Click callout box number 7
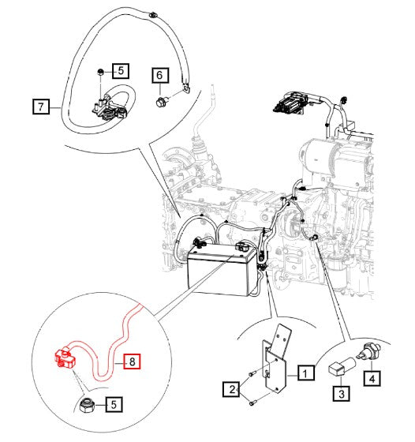(41, 107)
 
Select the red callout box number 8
(132, 361)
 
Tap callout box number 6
(160, 75)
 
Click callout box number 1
(305, 373)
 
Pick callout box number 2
(231, 389)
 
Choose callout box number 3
(341, 393)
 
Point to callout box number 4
(372, 378)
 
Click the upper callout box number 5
(121, 70)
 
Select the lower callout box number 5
(114, 404)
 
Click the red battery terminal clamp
(65, 358)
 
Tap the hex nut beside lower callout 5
(85, 406)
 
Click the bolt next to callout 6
(162, 101)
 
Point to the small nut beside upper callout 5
(100, 72)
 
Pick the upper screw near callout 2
(252, 374)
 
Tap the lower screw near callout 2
(252, 403)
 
